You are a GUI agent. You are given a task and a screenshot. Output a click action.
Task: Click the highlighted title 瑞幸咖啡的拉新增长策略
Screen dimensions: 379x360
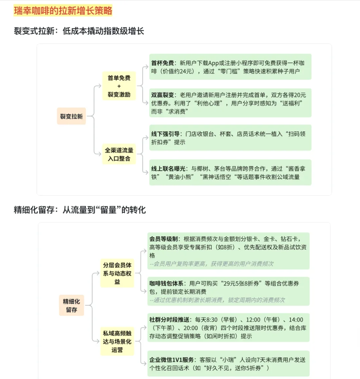(x=63, y=11)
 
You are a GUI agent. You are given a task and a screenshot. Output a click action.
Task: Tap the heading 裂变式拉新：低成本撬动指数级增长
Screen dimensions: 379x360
(x=79, y=31)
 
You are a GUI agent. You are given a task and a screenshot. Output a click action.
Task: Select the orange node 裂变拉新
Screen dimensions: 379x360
(x=71, y=116)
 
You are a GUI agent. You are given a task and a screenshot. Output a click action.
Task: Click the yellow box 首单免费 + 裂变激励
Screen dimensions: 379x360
(x=119, y=86)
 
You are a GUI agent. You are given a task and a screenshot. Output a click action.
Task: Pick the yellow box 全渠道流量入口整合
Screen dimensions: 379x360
(x=119, y=154)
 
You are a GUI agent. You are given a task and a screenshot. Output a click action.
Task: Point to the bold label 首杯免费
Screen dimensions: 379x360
(x=162, y=63)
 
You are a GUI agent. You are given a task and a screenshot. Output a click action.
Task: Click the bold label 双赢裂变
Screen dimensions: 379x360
(x=162, y=95)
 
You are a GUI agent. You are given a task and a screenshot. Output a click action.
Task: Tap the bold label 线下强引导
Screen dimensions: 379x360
(x=165, y=134)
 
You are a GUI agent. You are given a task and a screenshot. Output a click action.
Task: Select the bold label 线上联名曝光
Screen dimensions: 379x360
(x=168, y=169)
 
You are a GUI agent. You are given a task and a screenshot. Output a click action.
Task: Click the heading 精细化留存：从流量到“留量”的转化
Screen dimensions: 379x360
(x=80, y=210)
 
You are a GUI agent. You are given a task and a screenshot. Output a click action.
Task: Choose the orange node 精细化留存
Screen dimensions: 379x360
(x=71, y=305)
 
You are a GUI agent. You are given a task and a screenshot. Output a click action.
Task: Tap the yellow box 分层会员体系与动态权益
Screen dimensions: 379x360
(x=117, y=273)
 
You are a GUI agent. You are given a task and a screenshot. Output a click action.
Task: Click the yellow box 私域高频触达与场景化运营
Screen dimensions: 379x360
(x=117, y=341)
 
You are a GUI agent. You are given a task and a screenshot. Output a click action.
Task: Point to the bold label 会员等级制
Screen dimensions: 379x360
(x=163, y=239)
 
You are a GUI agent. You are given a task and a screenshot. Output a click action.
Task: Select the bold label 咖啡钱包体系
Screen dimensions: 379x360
(x=166, y=284)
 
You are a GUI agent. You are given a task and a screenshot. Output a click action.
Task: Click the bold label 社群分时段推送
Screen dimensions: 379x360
(x=169, y=320)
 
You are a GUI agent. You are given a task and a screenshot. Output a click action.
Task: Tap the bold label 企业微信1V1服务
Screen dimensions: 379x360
(x=171, y=360)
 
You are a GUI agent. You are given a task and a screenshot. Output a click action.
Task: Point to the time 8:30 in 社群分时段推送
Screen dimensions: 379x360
(x=211, y=320)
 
